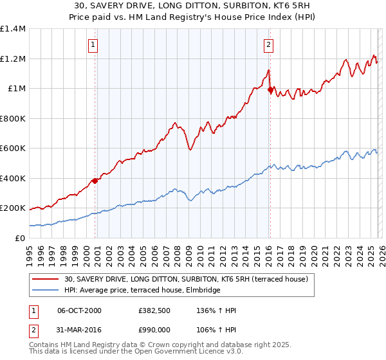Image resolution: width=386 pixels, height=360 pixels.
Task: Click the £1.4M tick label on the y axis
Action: click(13, 29)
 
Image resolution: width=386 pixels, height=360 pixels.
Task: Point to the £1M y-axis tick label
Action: click(16, 89)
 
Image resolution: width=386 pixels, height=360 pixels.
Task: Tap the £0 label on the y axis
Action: click(20, 239)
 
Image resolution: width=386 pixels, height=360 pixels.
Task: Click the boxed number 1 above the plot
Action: click(93, 45)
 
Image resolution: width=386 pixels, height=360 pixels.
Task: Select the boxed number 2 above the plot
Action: click(268, 45)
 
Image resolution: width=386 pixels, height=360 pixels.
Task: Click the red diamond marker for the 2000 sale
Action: click(95, 181)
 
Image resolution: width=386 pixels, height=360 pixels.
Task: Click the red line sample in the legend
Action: click(46, 279)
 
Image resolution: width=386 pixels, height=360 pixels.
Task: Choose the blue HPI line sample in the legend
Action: click(46, 290)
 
